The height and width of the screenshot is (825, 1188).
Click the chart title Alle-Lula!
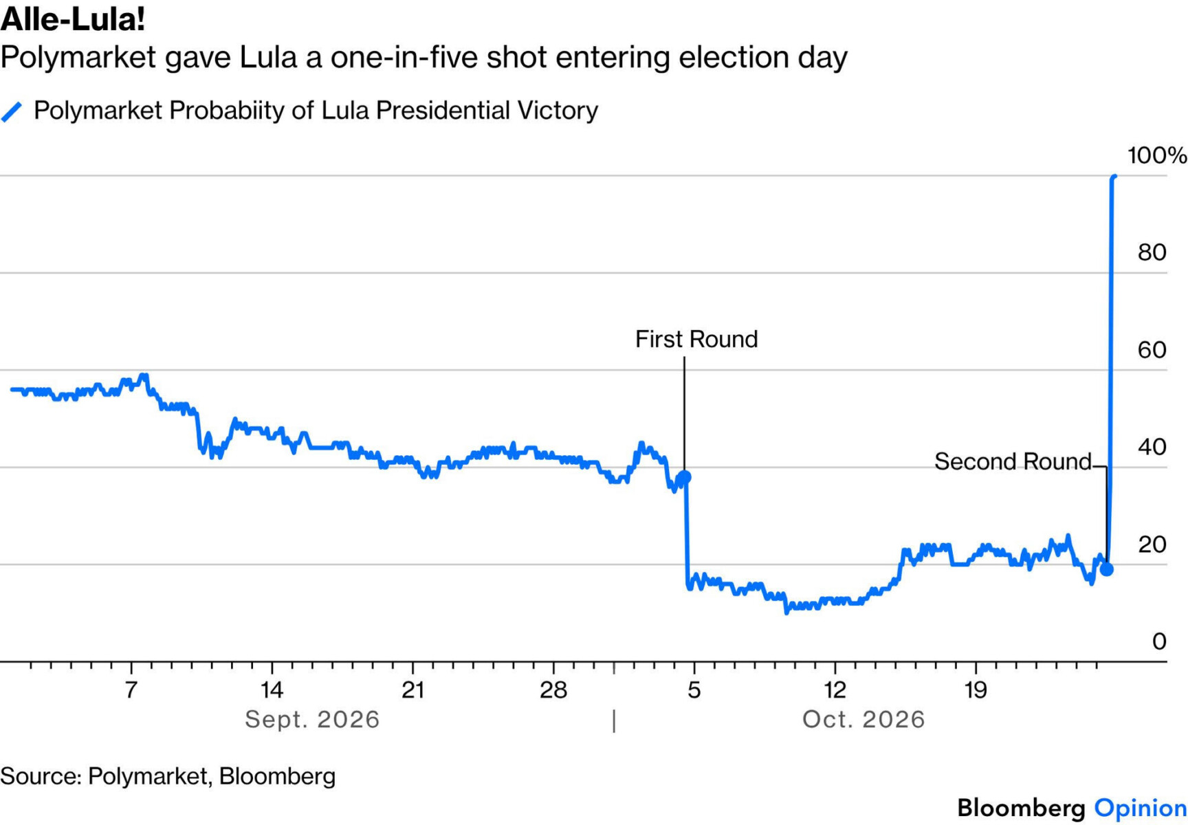(x=73, y=19)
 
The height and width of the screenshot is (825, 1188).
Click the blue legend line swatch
(x=12, y=111)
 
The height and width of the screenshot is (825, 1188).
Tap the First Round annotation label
(x=696, y=339)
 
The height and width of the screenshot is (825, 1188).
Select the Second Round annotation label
(x=1013, y=461)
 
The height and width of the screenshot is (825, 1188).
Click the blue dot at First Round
(x=684, y=476)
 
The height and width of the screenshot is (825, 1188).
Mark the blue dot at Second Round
(x=1106, y=569)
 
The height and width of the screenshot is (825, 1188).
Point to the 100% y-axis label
(x=1157, y=155)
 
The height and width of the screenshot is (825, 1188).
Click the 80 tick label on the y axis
(x=1152, y=252)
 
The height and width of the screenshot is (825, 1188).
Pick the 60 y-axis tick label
(x=1152, y=350)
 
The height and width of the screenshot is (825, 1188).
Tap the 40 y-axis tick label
(x=1152, y=448)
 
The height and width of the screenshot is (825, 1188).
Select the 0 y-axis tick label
(x=1160, y=641)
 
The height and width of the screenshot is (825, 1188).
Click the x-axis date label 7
(x=131, y=690)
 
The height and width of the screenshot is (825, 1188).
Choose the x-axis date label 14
(x=272, y=690)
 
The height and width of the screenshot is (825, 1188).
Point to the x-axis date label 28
(x=553, y=690)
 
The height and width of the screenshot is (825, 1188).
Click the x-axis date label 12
(x=835, y=690)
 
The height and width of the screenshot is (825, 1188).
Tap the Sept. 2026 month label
(x=312, y=720)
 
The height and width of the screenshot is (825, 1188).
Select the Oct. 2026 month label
(x=863, y=720)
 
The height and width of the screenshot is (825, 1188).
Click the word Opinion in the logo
(x=1141, y=808)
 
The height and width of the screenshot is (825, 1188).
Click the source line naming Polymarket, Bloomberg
(x=168, y=776)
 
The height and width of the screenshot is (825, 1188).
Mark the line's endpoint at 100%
(x=1114, y=177)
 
